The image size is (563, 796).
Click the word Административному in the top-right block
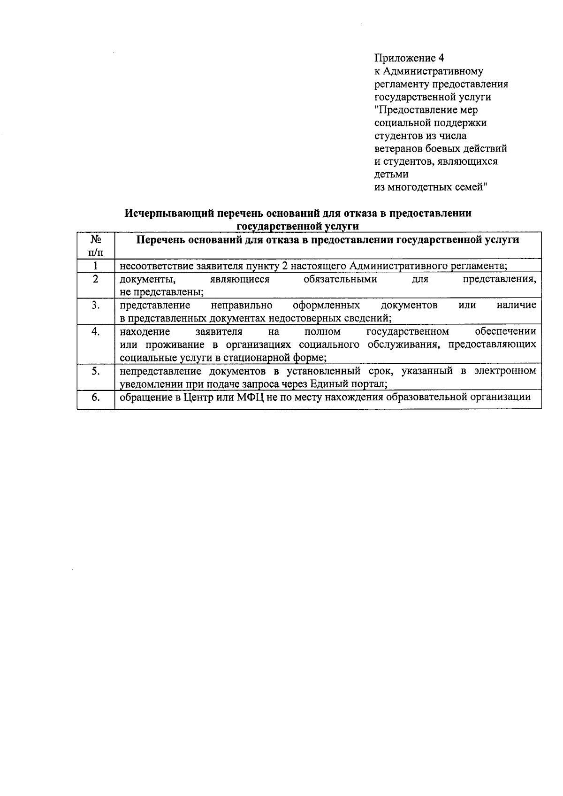tap(433, 71)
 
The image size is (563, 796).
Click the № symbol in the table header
tap(96, 239)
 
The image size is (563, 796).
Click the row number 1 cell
tap(96, 266)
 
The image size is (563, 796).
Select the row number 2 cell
tap(96, 279)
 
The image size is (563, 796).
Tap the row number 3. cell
tap(96, 305)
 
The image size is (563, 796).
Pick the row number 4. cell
tap(96, 331)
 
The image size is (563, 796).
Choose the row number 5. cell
tap(96, 371)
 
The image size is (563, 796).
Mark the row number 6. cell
tap(96, 397)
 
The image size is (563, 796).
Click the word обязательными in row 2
tap(340, 279)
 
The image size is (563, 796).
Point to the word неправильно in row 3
tap(242, 306)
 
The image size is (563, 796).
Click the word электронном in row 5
tap(505, 371)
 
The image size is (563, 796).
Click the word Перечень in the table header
tap(160, 240)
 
